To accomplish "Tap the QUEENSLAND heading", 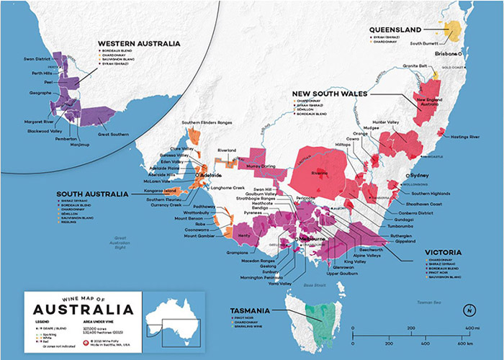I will pos(395,29).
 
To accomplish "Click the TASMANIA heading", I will pos(250,310).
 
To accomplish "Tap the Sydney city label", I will pos(421,175).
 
